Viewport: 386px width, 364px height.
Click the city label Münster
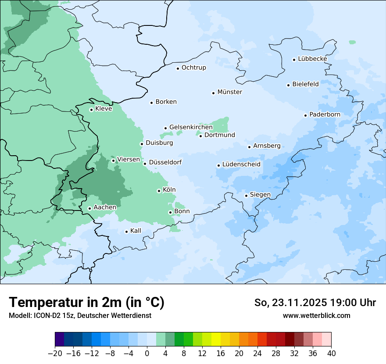[x=229, y=92]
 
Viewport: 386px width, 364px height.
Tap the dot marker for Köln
[x=159, y=191]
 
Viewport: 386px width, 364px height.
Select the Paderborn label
[x=325, y=114]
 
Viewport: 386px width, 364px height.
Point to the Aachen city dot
[x=89, y=209]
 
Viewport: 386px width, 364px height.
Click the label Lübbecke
[x=312, y=59]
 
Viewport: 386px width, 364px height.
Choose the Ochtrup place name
[x=193, y=68]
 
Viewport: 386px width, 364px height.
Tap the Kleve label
[x=104, y=109]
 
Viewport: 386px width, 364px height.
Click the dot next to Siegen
[x=247, y=196]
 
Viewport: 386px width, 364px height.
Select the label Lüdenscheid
[x=241, y=164]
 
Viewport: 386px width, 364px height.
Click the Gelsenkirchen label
[x=191, y=127]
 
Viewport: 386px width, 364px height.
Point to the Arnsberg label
[x=267, y=146]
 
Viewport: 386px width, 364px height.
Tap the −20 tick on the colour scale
[x=55, y=353]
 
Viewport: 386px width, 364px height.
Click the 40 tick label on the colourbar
[x=331, y=353]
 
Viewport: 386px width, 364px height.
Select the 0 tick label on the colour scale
[x=147, y=353]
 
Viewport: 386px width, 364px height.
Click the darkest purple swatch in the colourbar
[x=60, y=339]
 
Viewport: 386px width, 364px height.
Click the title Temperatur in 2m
[x=86, y=303]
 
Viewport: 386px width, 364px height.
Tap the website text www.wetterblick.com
[x=316, y=315]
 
